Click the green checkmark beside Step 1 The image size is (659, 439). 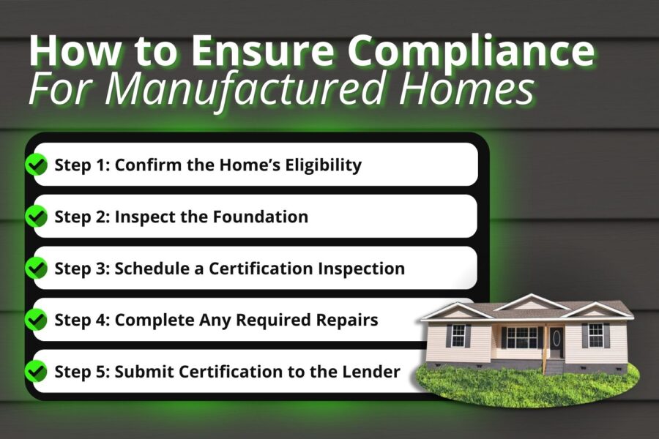pyautogui.click(x=36, y=165)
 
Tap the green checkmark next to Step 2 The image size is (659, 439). pyautogui.click(x=36, y=217)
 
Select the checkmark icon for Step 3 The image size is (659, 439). pyautogui.click(x=36, y=269)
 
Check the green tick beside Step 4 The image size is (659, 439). pyautogui.click(x=36, y=320)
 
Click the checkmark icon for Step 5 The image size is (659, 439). pyautogui.click(x=36, y=372)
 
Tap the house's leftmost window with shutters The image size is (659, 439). pyautogui.click(x=458, y=335)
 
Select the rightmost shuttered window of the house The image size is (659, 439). pyautogui.click(x=595, y=335)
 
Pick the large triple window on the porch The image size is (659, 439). pyautogui.click(x=521, y=337)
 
